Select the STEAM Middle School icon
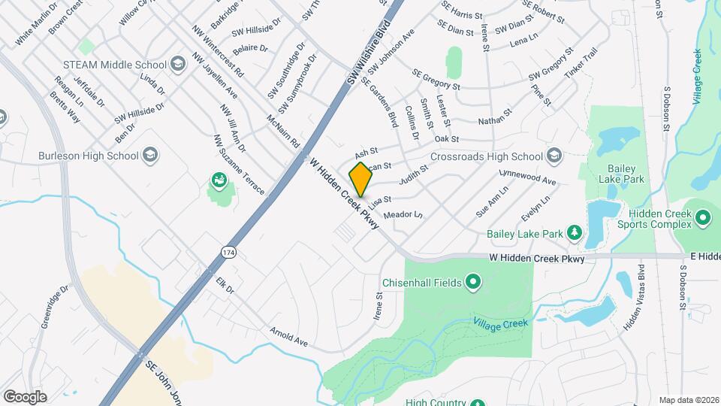coord(177,64)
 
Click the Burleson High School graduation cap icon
coord(151,156)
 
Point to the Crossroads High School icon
coord(554,156)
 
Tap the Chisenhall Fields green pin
coord(473,283)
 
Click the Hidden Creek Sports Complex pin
coord(703,218)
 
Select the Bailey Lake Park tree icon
coord(575,232)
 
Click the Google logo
coord(24,396)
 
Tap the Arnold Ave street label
coord(289,336)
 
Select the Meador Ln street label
coord(403,215)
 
